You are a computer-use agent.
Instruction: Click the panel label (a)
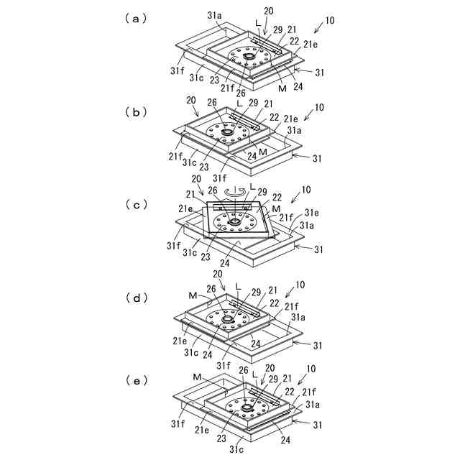tap(136, 19)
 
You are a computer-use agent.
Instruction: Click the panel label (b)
tap(136, 112)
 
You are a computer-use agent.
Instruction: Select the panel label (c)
tap(136, 205)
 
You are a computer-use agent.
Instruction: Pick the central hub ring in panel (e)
tap(247, 407)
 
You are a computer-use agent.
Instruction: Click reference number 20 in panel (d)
tap(217, 275)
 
